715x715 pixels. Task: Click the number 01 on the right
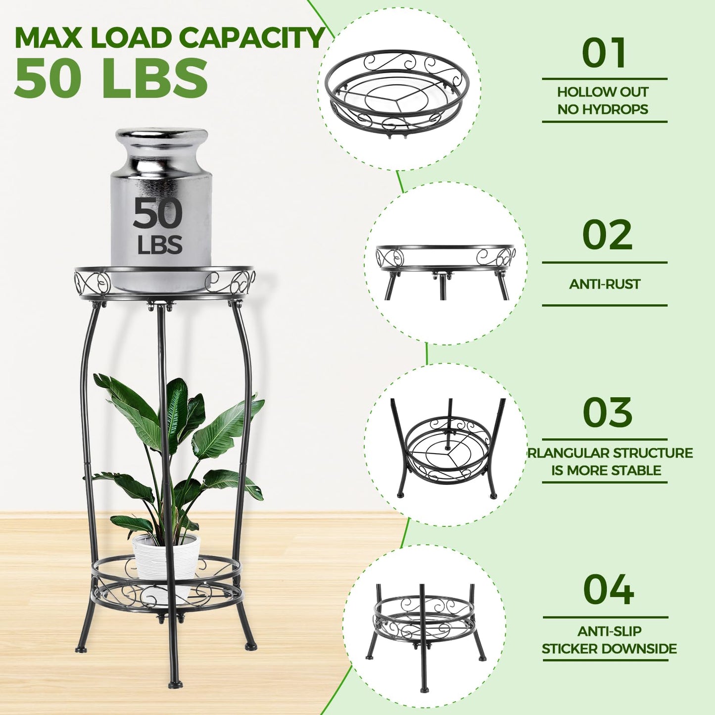click(604, 53)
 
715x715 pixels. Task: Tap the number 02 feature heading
click(607, 235)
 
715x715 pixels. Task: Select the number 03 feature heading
click(607, 413)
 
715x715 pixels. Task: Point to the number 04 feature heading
click(608, 590)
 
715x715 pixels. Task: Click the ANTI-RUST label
click(605, 284)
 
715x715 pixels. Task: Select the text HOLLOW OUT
click(603, 92)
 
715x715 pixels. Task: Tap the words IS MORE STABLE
click(606, 470)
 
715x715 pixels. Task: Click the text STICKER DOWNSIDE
click(609, 649)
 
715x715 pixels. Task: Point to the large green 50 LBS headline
click(111, 78)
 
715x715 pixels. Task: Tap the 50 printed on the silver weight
click(158, 213)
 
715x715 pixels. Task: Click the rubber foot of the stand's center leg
click(175, 684)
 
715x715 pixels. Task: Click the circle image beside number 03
click(445, 445)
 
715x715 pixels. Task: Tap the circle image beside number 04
click(424, 626)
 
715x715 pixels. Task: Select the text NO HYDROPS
click(603, 109)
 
